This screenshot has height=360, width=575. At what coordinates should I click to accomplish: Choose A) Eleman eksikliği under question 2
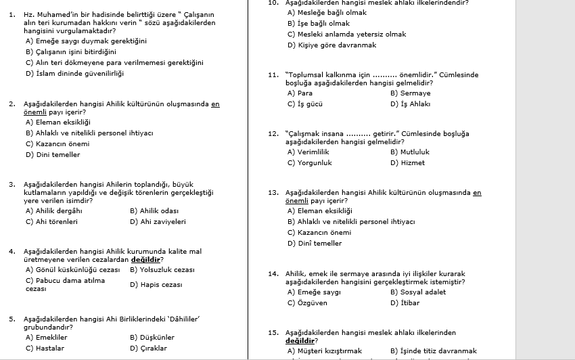pos(57,122)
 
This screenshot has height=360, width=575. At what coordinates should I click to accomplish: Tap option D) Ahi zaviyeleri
pos(158,221)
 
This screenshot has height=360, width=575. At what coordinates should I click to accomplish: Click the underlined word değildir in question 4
pos(146,259)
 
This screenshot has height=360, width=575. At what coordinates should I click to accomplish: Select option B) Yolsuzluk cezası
pos(162,269)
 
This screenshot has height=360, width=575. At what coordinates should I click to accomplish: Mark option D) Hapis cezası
pos(156,285)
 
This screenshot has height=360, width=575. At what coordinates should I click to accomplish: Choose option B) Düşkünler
pos(152,338)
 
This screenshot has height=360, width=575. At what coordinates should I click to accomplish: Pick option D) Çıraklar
pos(148,348)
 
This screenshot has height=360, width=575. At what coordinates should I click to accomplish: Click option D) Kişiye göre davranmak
pos(331,45)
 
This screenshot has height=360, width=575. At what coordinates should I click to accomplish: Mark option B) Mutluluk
pos(409,152)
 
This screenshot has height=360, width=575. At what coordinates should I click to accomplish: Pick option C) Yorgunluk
pos(309,163)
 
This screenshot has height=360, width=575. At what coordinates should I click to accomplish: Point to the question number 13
pos(273,193)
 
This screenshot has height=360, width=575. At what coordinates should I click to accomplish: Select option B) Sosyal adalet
pos(417,292)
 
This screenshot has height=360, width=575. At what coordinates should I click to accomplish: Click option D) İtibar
pos(405,303)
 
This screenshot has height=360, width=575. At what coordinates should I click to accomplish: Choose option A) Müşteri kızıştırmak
pos(325,351)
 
